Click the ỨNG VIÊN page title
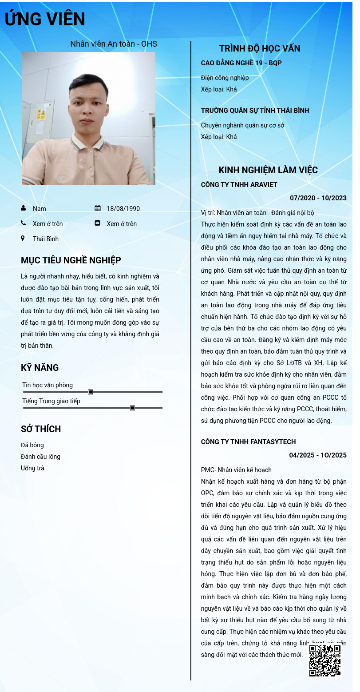pos(45,20)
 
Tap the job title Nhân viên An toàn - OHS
pos(114,44)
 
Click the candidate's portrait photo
pos(89,119)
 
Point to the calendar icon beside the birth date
pos(98,208)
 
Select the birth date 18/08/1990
pos(123,209)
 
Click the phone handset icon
pos(23,223)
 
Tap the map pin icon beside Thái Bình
pos(23,239)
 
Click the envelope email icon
pos(98,223)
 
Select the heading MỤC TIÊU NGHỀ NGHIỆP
pos(71,260)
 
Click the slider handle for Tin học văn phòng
pos(90,392)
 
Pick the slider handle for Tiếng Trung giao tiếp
pos(132,408)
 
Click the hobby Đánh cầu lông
pos(40,457)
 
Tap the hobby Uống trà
pos(32,468)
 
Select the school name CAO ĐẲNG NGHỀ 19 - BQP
pos(241,63)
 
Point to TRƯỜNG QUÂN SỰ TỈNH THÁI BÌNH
pos(255,110)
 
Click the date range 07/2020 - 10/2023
pos(318,198)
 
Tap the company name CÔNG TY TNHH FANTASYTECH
pos(248,442)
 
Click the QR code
pos(325,661)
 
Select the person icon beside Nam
pos(23,208)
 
